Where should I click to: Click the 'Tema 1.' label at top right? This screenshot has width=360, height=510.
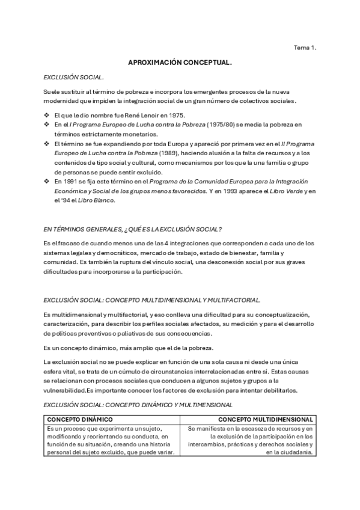[305, 46]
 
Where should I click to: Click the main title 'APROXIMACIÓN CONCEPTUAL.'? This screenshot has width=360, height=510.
[180, 62]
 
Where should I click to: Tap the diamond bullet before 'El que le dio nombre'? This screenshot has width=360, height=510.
[47, 115]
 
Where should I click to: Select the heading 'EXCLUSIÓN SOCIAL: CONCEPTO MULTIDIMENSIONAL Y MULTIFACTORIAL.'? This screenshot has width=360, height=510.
[153, 300]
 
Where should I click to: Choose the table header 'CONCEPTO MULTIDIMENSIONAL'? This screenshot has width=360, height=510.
[265, 419]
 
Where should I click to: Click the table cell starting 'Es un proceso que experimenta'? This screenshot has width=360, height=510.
[110, 440]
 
